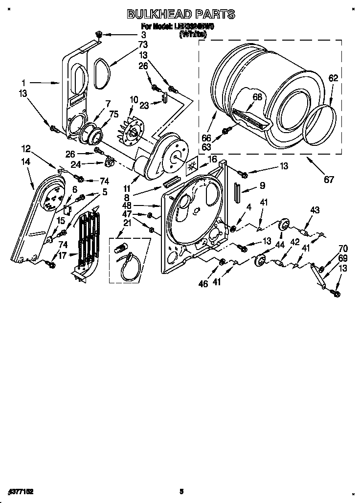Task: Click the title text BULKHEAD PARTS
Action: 181,14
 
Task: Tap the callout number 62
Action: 333,78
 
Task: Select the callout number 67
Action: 329,180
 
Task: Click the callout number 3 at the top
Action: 144,35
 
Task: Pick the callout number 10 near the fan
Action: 134,100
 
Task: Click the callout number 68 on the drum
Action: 257,97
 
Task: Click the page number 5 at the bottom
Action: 181,491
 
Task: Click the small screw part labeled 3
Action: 99,34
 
